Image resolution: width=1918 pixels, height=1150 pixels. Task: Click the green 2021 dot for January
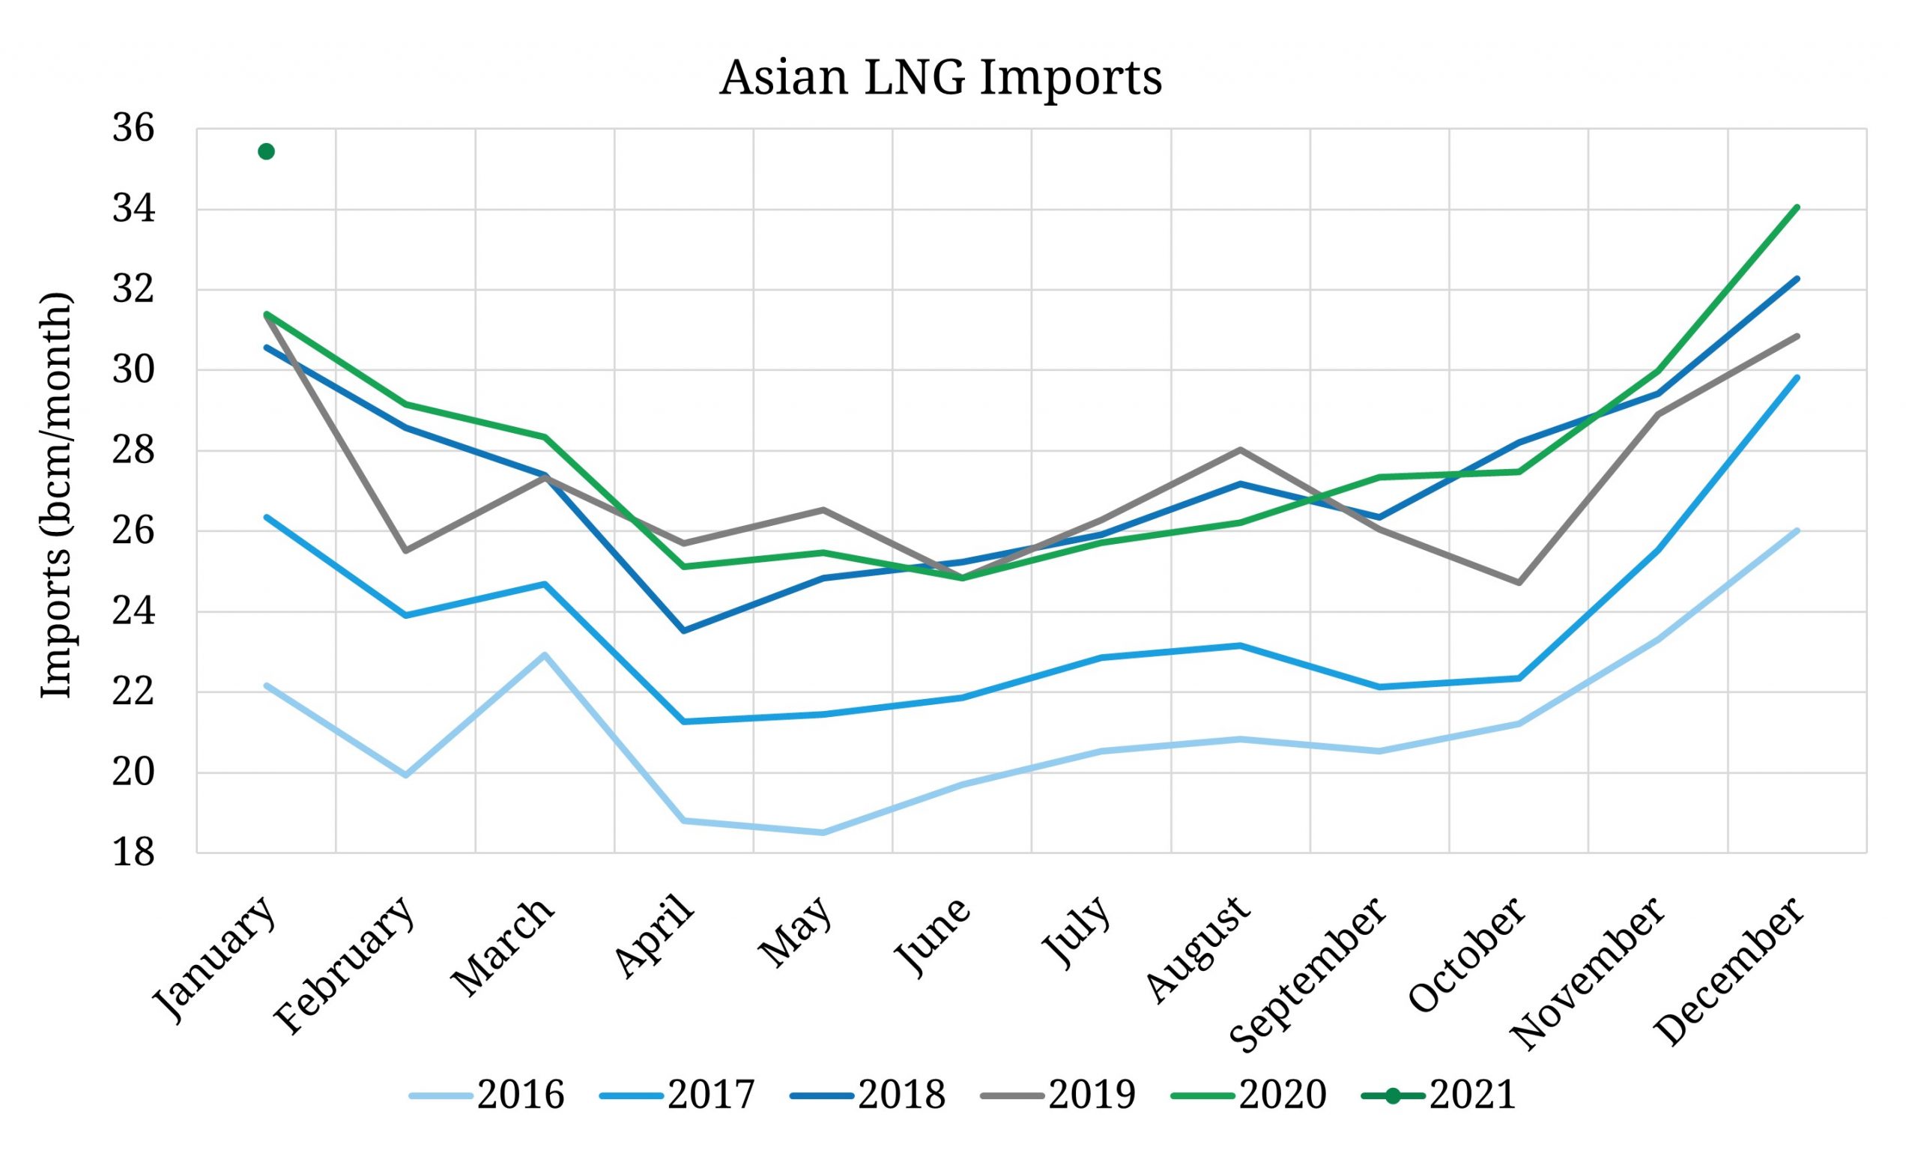pos(266,151)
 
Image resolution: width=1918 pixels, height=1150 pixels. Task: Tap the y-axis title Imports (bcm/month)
pos(55,496)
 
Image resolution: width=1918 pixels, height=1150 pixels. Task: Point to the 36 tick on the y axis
pos(133,130)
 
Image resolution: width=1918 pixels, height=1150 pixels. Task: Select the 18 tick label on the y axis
pos(133,853)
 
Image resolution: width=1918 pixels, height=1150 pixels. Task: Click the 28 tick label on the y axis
pos(133,451)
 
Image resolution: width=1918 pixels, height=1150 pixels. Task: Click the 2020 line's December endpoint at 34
pos(1797,207)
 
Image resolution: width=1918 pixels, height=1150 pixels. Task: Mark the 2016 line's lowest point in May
pos(823,833)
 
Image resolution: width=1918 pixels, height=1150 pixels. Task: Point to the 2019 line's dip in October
pos(1517,583)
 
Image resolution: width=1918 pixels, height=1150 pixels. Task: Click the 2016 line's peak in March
pos(545,655)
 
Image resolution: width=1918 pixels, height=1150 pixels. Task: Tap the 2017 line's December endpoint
pos(1797,378)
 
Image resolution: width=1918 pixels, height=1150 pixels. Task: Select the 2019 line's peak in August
pos(1240,450)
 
